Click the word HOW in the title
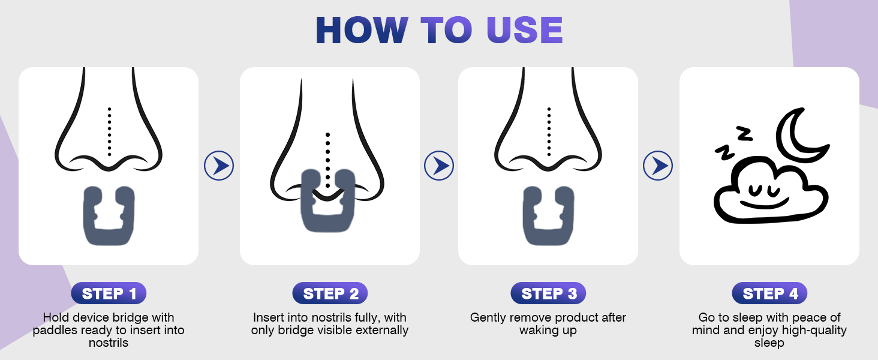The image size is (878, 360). pos(362,30)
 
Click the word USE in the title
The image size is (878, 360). pos(524,30)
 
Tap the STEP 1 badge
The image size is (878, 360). pos(109,293)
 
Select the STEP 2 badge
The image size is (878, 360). pos(330,293)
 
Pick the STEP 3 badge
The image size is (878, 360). pos(548,293)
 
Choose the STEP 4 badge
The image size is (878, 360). pos(769,293)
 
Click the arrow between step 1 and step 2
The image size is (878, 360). pos(219,166)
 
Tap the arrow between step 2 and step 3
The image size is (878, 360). pos(439,166)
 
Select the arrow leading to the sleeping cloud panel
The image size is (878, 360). pos(658,166)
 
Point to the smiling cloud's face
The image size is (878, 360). pos(764,196)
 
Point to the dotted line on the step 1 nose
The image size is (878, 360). pos(109,132)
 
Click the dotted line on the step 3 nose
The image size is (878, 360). pos(549,132)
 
